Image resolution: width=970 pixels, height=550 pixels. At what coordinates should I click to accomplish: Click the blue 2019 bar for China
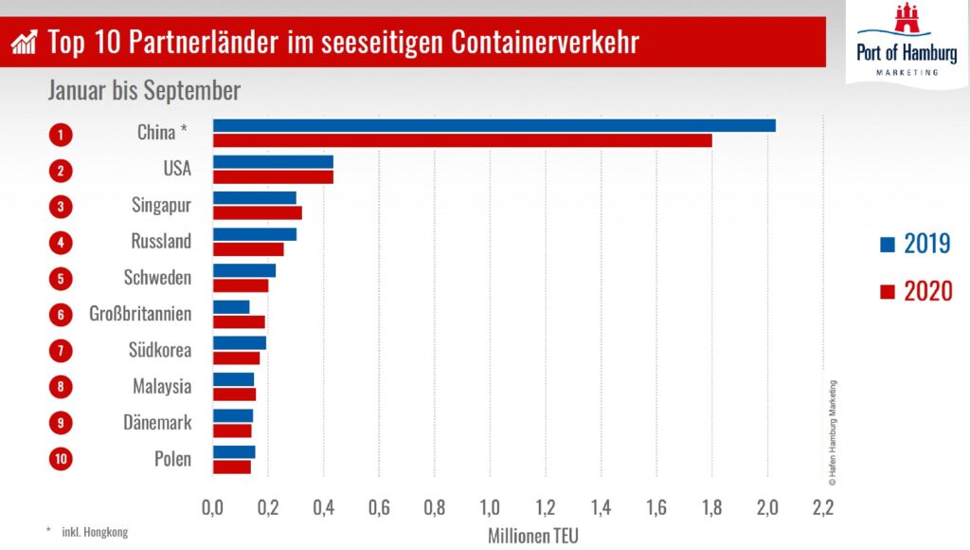494,125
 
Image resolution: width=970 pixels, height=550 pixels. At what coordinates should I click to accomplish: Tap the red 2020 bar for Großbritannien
239,321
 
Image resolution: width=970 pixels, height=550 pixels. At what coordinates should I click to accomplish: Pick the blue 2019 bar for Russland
255,234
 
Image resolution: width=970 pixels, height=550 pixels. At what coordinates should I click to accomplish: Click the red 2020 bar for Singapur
258,212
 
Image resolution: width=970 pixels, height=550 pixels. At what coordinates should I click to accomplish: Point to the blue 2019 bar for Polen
234,451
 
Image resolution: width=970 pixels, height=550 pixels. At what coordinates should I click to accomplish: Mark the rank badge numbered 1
61,134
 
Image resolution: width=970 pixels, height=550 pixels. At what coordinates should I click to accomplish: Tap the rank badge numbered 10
61,460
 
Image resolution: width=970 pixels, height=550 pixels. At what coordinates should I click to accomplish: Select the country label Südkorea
160,351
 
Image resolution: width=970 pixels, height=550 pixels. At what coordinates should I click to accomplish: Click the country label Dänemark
157,423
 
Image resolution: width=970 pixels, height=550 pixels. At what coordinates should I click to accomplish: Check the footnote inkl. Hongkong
91,532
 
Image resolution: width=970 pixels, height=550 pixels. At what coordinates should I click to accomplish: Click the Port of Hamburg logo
907,42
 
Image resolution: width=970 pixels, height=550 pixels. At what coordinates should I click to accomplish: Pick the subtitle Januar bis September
144,91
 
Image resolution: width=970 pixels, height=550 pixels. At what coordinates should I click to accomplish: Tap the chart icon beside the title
25,42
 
